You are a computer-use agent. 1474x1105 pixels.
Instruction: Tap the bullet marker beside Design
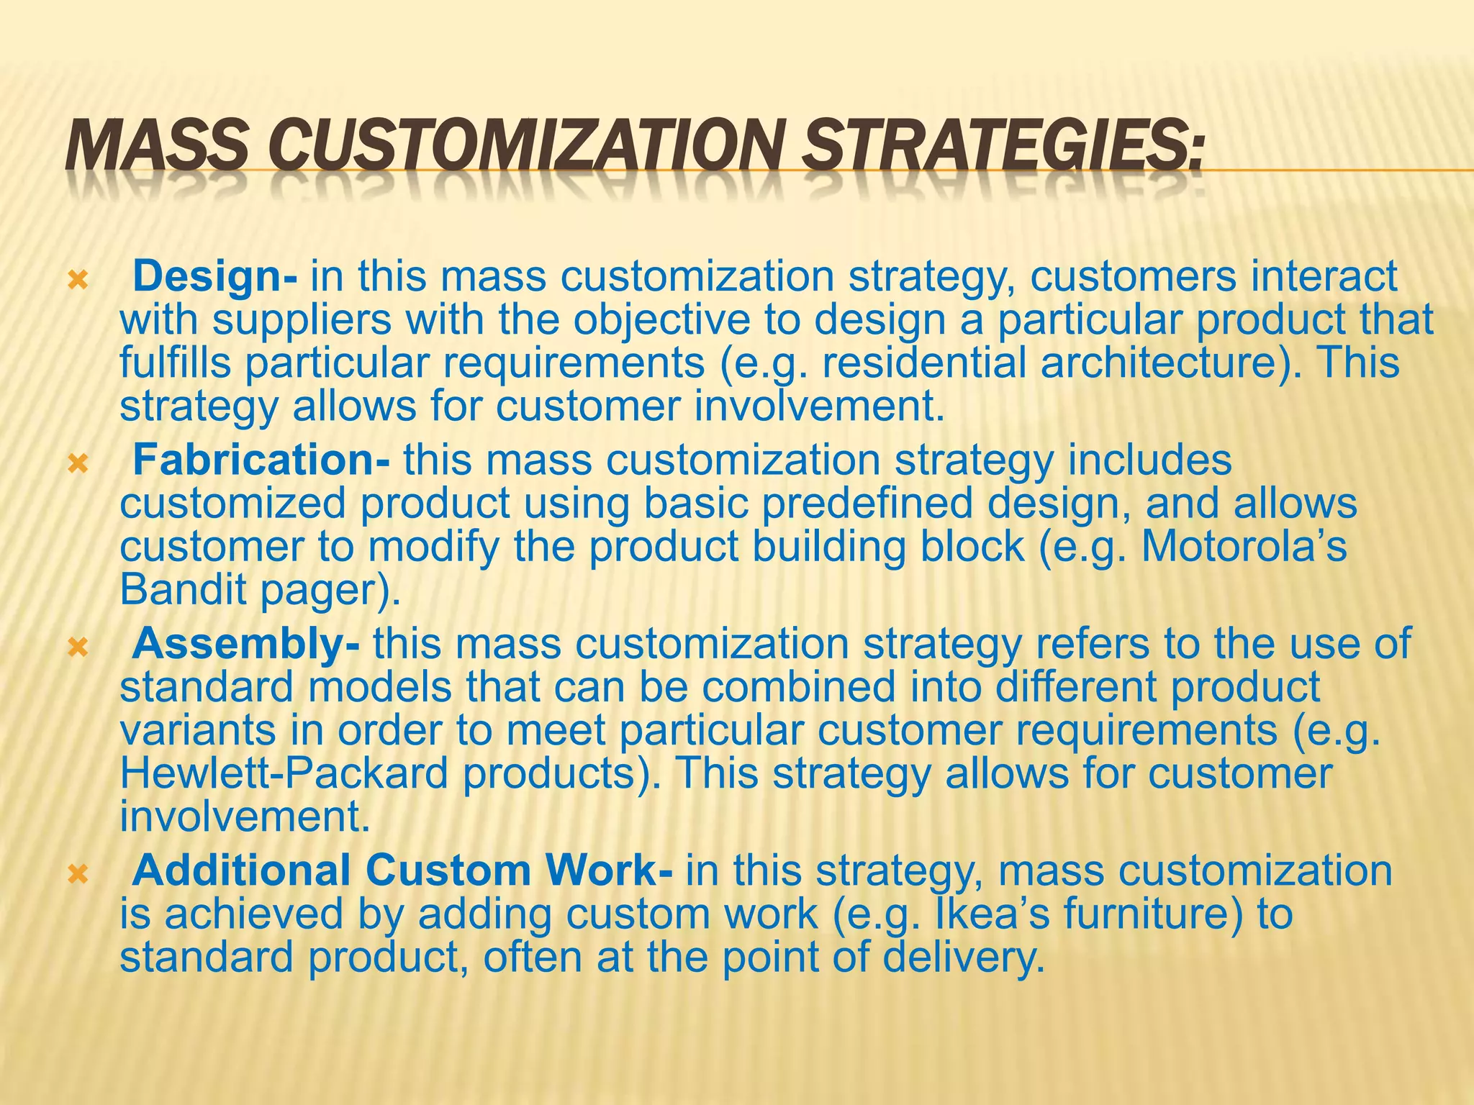pos(77,279)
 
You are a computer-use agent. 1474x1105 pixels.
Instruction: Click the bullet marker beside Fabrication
pos(77,463)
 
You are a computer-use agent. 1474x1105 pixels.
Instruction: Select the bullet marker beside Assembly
pos(77,647)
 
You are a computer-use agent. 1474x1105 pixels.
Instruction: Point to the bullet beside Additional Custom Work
pos(77,873)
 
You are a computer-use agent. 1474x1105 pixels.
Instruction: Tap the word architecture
pos(1158,363)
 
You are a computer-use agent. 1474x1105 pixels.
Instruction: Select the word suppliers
pos(302,320)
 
